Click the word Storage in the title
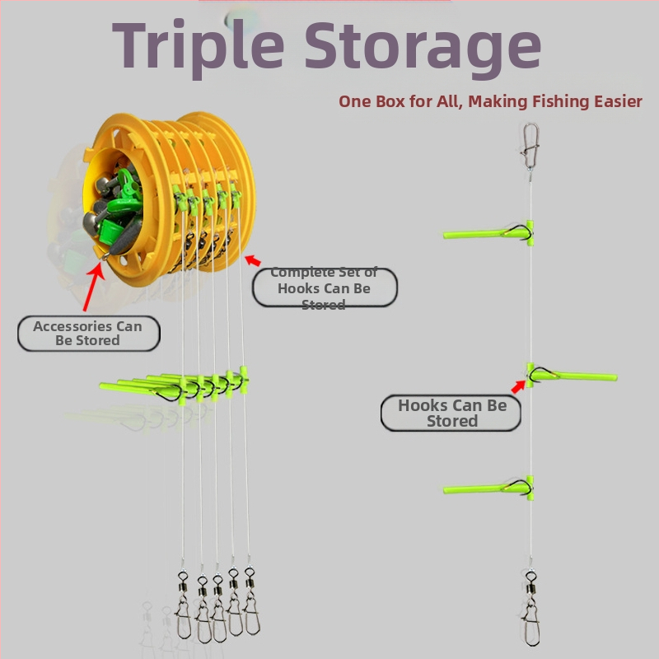point(423,49)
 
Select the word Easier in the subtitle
point(618,101)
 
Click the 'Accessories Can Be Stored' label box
point(89,334)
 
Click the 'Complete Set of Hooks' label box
point(325,287)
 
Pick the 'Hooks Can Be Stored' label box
point(451,413)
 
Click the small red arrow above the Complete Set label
point(253,260)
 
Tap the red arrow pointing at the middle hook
point(518,386)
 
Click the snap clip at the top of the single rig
point(530,147)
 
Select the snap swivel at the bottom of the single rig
point(531,607)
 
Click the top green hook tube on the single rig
point(488,233)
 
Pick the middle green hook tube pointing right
point(572,375)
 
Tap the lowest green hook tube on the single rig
point(488,488)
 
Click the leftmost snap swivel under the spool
point(183,605)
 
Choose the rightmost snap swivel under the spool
point(251,601)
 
